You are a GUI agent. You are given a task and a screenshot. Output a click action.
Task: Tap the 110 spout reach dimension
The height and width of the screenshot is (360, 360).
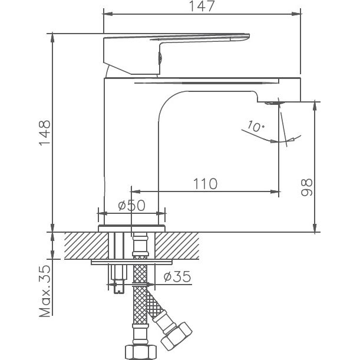click(x=204, y=183)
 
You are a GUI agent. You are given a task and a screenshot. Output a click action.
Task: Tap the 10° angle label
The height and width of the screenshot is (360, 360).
click(x=256, y=126)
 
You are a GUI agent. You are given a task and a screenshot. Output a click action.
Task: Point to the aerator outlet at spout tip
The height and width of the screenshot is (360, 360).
click(x=272, y=103)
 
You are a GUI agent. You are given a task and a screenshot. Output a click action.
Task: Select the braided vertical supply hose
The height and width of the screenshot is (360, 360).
click(x=140, y=300)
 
